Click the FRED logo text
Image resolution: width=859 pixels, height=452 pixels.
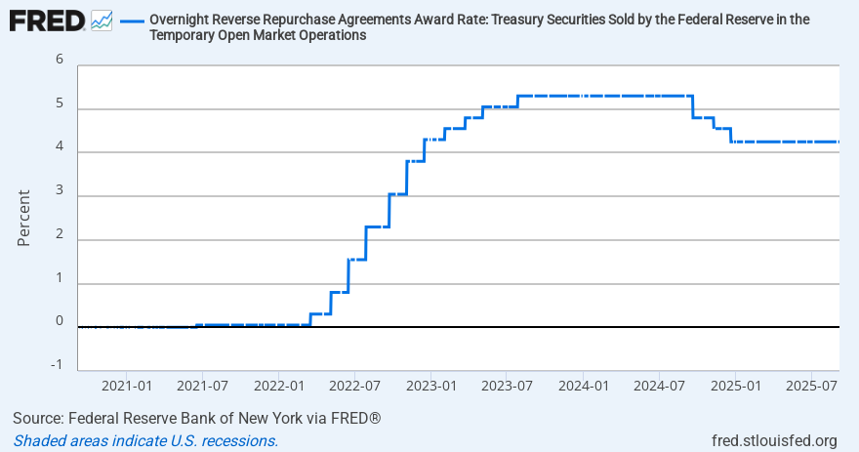pyautogui.click(x=45, y=20)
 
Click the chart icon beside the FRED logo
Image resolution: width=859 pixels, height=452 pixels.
pyautogui.click(x=102, y=20)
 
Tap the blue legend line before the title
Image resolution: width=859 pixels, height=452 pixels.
pyautogui.click(x=133, y=20)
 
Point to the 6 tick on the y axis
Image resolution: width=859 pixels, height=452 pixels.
pyautogui.click(x=60, y=59)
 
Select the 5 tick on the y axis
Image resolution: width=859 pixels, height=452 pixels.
pyautogui.click(x=60, y=103)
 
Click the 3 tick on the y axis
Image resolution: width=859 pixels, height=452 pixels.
pyautogui.click(x=60, y=193)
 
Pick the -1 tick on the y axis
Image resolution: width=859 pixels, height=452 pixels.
pyautogui.click(x=58, y=365)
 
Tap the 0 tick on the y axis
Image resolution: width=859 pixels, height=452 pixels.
pyautogui.click(x=60, y=320)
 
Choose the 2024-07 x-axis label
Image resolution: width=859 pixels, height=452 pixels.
pyautogui.click(x=659, y=387)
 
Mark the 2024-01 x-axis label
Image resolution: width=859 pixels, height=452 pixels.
pyautogui.click(x=583, y=387)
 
